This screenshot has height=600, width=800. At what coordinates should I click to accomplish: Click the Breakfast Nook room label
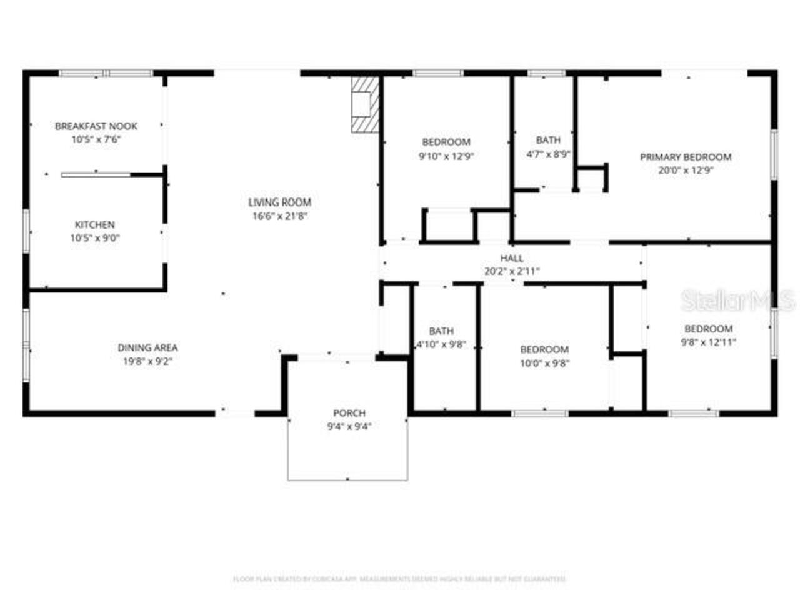click(x=96, y=126)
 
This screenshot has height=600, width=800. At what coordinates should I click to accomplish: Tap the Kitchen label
click(x=95, y=225)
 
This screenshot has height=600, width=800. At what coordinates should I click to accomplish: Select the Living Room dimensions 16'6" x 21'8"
click(x=279, y=216)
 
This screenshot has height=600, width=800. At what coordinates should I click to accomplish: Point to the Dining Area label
click(x=147, y=347)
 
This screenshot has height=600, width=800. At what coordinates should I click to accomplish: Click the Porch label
click(x=349, y=413)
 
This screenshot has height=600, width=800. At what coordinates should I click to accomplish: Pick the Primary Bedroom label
click(x=686, y=157)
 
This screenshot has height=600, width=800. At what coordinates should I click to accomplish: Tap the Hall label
click(x=512, y=258)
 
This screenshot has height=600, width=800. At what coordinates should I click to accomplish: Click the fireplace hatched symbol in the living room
click(x=364, y=104)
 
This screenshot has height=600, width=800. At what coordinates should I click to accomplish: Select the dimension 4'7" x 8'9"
click(x=548, y=154)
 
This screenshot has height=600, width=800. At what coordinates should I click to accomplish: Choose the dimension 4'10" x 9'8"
click(x=441, y=344)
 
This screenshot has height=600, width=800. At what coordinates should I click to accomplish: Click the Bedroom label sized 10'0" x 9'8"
click(x=544, y=349)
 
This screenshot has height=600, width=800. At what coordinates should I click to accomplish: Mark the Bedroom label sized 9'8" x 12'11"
click(x=708, y=329)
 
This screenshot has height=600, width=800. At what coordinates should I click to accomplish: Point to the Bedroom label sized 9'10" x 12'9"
click(x=446, y=142)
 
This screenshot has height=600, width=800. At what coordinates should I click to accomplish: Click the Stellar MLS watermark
click(x=737, y=301)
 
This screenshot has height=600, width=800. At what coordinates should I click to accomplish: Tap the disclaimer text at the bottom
click(x=400, y=579)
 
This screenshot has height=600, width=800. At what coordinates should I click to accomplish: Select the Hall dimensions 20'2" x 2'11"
click(x=512, y=271)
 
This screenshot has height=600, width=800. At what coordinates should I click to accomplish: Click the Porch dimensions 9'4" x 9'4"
click(x=349, y=426)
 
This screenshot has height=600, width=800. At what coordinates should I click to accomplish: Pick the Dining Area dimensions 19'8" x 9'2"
click(x=147, y=361)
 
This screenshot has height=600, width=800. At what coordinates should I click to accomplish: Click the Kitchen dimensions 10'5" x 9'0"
click(x=95, y=238)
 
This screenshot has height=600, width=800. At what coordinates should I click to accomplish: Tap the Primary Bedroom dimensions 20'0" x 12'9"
click(x=686, y=170)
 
